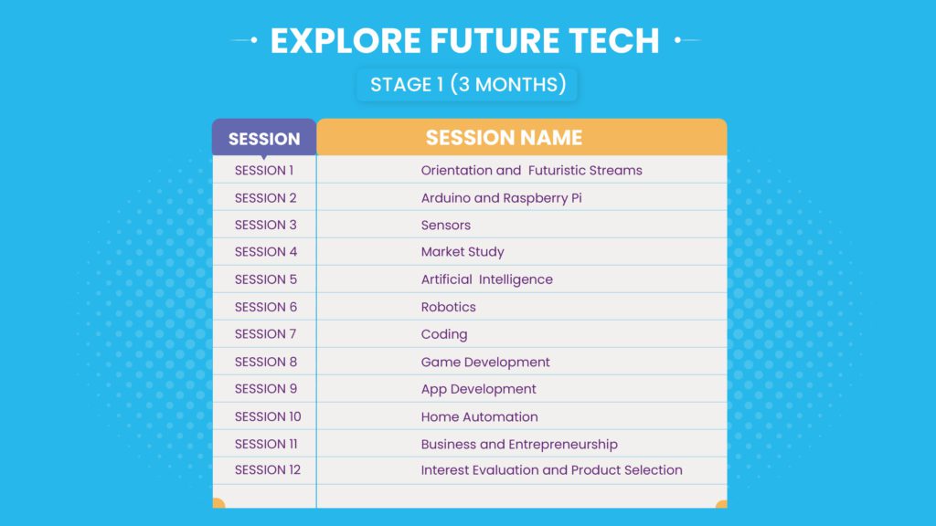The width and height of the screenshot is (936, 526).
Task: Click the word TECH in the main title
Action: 613,40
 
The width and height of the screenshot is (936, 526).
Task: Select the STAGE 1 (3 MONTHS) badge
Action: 467,84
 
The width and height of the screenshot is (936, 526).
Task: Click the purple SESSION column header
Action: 264,139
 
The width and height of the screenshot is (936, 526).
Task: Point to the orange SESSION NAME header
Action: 521,137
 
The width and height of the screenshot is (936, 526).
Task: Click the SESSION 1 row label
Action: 264,171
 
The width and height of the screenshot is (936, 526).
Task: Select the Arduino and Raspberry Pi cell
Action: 502,198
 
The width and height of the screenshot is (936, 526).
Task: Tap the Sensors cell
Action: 446,226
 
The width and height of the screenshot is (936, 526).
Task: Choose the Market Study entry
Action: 463,252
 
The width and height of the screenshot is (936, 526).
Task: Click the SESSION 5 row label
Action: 266,279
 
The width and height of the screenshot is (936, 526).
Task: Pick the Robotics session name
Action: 448,307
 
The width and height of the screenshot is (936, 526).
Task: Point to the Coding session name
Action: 444,334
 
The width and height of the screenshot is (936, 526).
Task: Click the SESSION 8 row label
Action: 266,362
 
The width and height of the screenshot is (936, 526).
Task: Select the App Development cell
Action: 478,389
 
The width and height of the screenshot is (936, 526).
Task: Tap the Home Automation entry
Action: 479,416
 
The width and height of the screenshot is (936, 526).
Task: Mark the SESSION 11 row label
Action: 266,445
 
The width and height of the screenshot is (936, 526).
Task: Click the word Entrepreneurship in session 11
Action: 563,445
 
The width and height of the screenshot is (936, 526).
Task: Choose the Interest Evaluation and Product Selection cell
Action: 551,470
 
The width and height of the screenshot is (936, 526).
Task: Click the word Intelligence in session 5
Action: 516,279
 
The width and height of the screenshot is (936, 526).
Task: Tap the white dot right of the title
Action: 677,40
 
